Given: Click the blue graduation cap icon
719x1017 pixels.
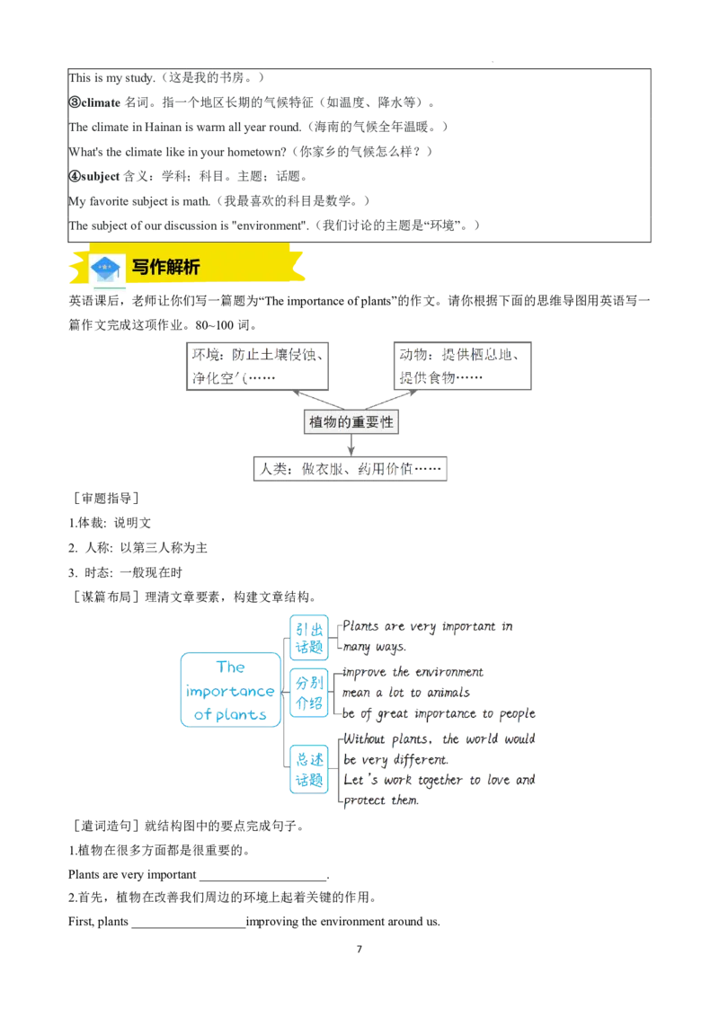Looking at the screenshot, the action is pos(106,268).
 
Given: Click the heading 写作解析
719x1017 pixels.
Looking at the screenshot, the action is pos(165,267).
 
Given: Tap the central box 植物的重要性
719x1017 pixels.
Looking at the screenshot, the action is pos(351,422).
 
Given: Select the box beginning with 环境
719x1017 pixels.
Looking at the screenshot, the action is pos(257,366).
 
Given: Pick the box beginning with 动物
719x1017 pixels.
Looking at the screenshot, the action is pos(462,366).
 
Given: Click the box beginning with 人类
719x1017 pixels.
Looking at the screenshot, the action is pos(350,469).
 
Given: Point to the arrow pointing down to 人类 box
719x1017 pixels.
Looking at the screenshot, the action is pos(351,446).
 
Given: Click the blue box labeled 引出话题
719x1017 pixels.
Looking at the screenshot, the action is pos(309,638).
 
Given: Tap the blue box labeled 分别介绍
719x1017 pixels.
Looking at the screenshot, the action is pos(309,693).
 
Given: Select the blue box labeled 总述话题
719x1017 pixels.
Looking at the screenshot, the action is pos(309,769).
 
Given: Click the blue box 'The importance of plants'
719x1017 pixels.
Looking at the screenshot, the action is pos(230,690).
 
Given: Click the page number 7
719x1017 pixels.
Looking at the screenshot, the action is pos(359,949).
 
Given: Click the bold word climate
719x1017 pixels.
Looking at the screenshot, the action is pos(101,102).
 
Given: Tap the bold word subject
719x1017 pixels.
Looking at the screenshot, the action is pos(100,176).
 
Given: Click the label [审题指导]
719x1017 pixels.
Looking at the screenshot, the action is pos(106,498).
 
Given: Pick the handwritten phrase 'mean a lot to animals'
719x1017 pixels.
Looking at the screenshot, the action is pos(406,693).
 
